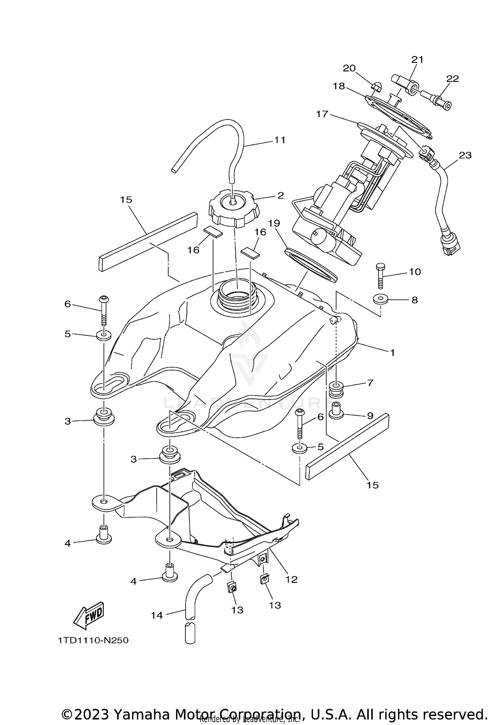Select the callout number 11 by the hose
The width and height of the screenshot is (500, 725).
(280, 140)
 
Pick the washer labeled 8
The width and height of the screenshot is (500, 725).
(381, 299)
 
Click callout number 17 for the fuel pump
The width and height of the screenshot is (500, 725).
(322, 114)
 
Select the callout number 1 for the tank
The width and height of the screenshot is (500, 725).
(392, 353)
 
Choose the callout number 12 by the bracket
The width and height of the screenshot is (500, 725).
(291, 579)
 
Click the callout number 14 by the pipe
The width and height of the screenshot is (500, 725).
(156, 615)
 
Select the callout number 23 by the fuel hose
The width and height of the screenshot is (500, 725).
(465, 155)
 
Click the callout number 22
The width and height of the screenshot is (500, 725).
(453, 79)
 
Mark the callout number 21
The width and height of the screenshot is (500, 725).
(417, 60)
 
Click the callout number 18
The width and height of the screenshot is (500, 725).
(339, 86)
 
